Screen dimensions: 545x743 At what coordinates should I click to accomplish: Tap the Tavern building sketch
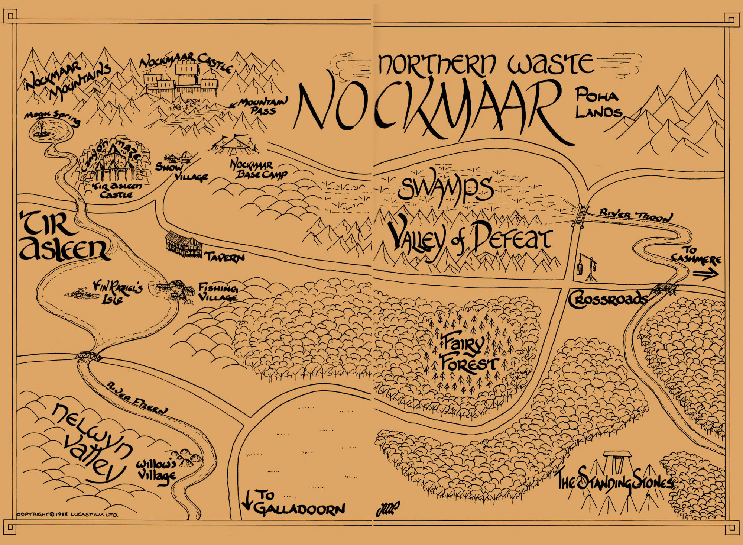(184, 244)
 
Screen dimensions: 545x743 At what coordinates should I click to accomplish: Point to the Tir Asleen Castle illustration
(111, 164)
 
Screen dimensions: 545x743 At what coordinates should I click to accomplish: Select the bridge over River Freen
(88, 356)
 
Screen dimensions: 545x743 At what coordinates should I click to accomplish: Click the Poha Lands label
(598, 104)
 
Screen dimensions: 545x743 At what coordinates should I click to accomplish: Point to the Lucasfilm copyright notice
(67, 515)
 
